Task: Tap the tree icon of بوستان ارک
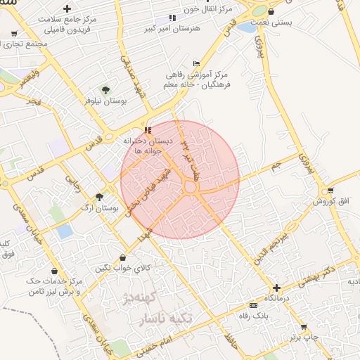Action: pos(99,197)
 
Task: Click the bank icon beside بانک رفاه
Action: pos(253,305)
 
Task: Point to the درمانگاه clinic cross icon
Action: pos(277,288)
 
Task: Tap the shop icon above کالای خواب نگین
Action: pos(124,258)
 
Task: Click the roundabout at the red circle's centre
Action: pos(190,187)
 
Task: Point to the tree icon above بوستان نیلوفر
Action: pos(105,89)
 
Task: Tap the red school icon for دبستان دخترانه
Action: pos(148,130)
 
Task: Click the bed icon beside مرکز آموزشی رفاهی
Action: pos(196,64)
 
